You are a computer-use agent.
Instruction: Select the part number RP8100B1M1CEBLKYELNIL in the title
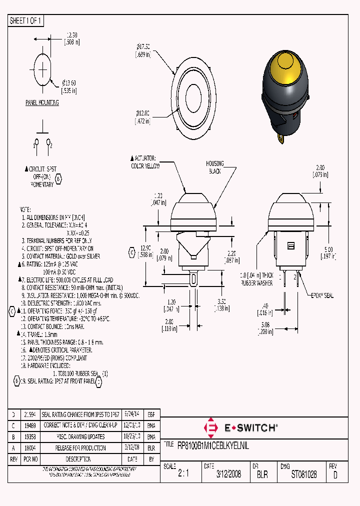coord(213,444)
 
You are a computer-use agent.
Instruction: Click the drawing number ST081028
coord(304,474)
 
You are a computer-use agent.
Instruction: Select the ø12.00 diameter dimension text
coord(143,117)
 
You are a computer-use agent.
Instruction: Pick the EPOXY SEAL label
coord(322,296)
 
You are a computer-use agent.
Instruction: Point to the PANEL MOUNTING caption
coord(42,102)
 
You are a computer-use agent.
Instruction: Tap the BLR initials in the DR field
coord(262,474)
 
